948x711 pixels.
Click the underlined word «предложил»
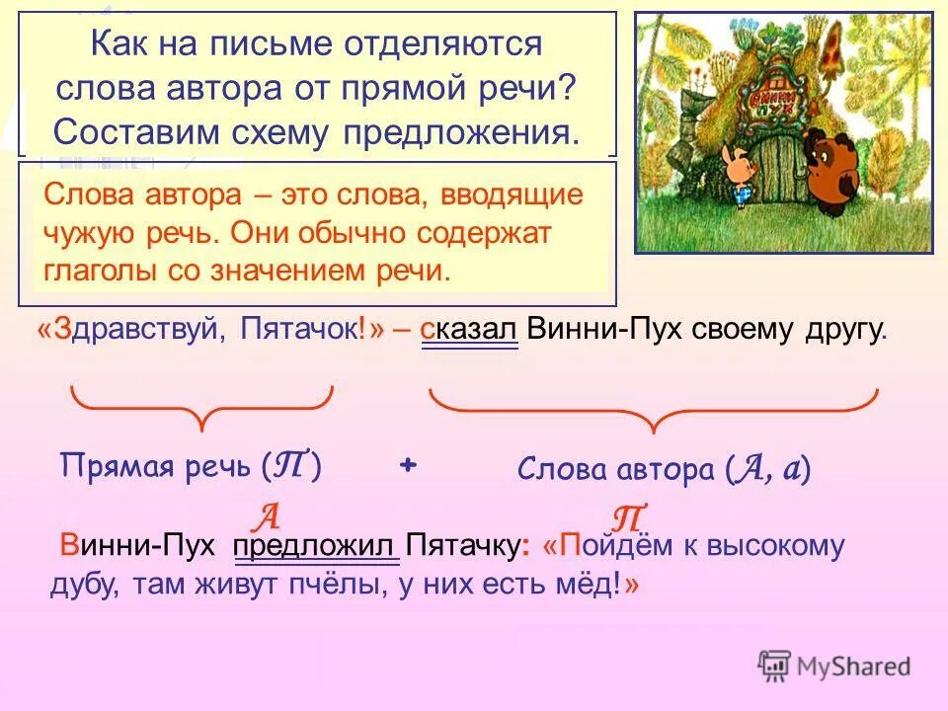tap(316, 546)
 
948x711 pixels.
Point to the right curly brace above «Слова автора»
tap(653, 409)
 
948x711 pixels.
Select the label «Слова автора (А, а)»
tap(664, 470)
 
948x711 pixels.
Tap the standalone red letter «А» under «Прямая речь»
tap(266, 514)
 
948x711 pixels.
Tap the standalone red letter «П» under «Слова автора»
tap(628, 516)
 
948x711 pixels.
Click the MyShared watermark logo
tap(833, 665)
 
